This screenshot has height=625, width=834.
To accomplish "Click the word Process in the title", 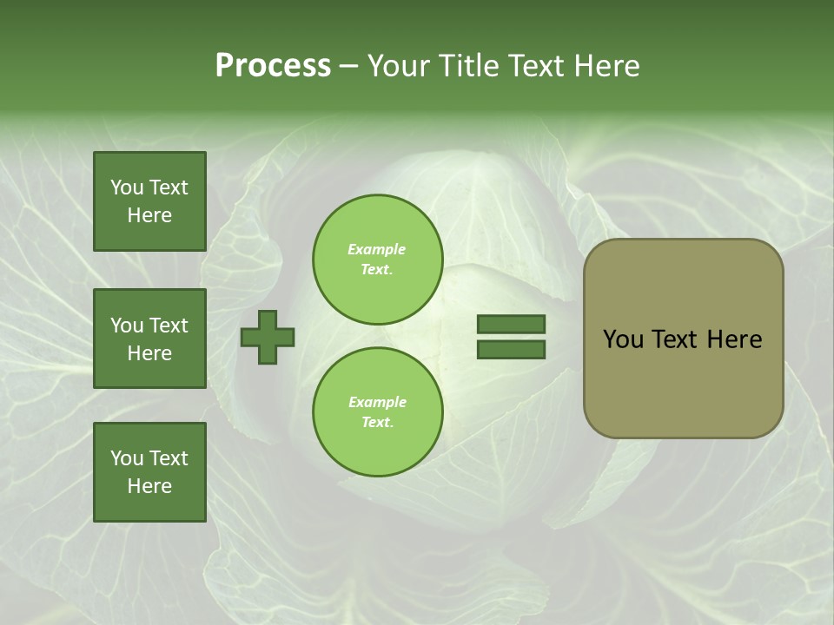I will tap(273, 66).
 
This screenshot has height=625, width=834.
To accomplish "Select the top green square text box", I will tap(149, 201).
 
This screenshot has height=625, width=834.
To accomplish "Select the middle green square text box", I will tap(149, 339).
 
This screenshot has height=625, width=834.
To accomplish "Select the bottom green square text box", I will tap(149, 472).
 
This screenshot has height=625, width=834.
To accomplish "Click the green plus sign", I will tap(268, 338).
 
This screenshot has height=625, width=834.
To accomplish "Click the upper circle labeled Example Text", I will tap(378, 259).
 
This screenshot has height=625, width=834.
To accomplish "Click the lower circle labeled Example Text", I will tap(378, 411).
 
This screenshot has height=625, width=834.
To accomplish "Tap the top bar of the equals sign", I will tap(511, 325).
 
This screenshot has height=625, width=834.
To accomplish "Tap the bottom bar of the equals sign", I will tap(511, 350).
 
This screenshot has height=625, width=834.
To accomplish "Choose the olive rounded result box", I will tap(683, 339).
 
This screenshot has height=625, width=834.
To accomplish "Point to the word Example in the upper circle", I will tap(377, 249).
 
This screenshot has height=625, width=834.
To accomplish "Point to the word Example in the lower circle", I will tap(377, 402).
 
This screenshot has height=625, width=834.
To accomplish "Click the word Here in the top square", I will tap(149, 215).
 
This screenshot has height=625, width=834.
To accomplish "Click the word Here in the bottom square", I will tap(149, 486).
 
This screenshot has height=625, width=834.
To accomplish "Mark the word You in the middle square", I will tap(126, 326).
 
